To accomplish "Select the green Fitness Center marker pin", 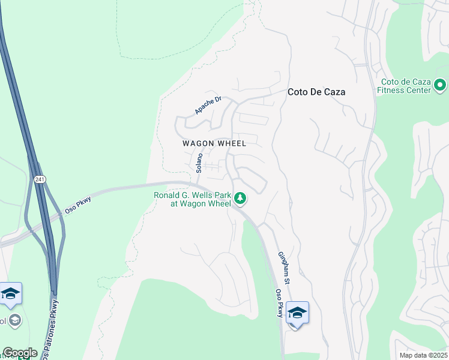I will point(440,85).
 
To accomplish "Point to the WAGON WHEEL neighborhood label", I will point(214,143).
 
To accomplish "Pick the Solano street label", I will point(199,163).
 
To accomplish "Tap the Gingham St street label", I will point(283,268).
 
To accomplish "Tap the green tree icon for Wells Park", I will point(240,197).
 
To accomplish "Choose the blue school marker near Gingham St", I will point(297,313).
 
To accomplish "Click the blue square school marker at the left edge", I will point(11,294).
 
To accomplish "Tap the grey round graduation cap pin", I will point(14,320).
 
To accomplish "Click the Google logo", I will point(20,353).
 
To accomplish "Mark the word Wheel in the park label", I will point(218,204).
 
